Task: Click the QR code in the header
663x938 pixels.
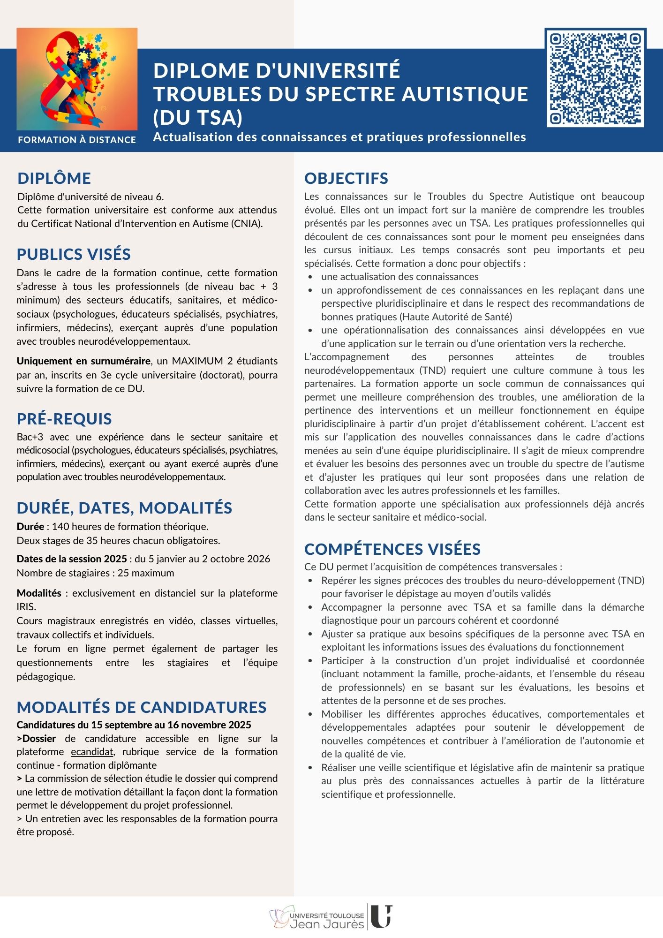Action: coord(595,77)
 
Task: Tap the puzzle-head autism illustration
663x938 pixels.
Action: coord(77,79)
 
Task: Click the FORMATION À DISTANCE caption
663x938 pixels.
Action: coord(77,140)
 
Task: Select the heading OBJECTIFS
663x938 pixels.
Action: coord(346,178)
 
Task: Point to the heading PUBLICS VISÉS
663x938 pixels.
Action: coord(74,254)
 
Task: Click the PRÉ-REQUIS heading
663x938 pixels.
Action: coord(64,419)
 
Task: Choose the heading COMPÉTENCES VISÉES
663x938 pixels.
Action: coord(392,549)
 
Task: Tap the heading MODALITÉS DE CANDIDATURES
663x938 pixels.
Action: coord(142,707)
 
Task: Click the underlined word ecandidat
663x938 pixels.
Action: coord(92,752)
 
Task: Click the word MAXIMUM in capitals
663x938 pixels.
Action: coord(197,361)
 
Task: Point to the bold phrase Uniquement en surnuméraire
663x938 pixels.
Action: coord(83,361)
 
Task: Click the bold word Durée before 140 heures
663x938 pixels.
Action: coord(30,527)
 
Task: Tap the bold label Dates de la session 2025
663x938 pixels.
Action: coord(72,559)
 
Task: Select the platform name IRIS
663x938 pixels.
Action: coord(26,607)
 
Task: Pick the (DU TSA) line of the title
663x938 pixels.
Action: coord(197,118)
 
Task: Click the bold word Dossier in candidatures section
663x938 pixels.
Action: coord(39,739)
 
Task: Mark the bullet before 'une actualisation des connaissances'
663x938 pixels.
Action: coord(310,277)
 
